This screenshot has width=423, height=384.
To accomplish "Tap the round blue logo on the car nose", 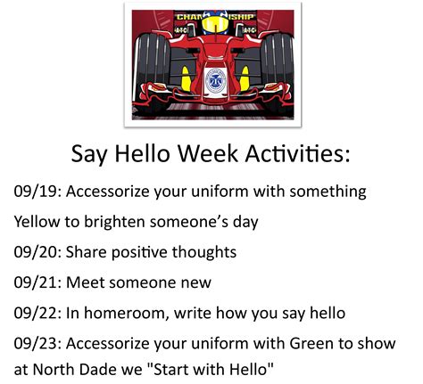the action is coord(216,81).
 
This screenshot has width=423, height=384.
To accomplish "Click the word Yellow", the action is coord(37,222).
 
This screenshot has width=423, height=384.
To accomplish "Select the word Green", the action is coord(311,343).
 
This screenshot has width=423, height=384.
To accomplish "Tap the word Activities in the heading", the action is coord(297,153).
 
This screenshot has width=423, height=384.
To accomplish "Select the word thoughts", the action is coord(204,252).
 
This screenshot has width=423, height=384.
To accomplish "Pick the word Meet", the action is coord(86,282).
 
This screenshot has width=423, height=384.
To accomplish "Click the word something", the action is coord(328,192).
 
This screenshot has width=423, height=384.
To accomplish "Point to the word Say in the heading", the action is coord(88,154).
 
